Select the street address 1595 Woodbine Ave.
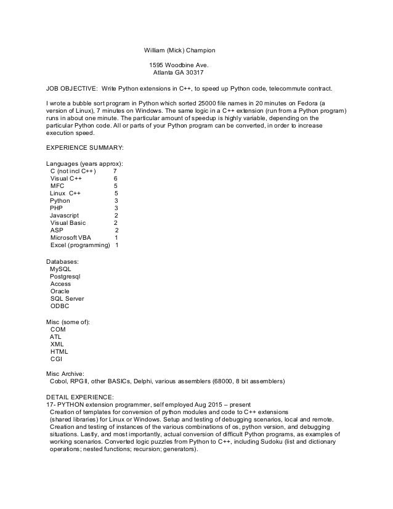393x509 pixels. tap(179, 64)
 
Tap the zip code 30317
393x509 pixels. tap(197, 71)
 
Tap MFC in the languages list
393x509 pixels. tap(57, 185)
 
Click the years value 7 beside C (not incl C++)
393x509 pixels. tap(115, 171)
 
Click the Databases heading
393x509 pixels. tap(63, 261)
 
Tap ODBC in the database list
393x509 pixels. tap(60, 306)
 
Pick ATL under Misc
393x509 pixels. tap(55, 336)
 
